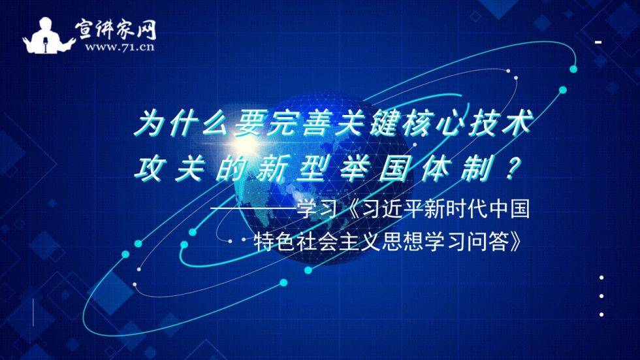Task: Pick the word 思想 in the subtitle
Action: coord(411,244)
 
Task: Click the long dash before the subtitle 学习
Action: coord(255,211)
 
